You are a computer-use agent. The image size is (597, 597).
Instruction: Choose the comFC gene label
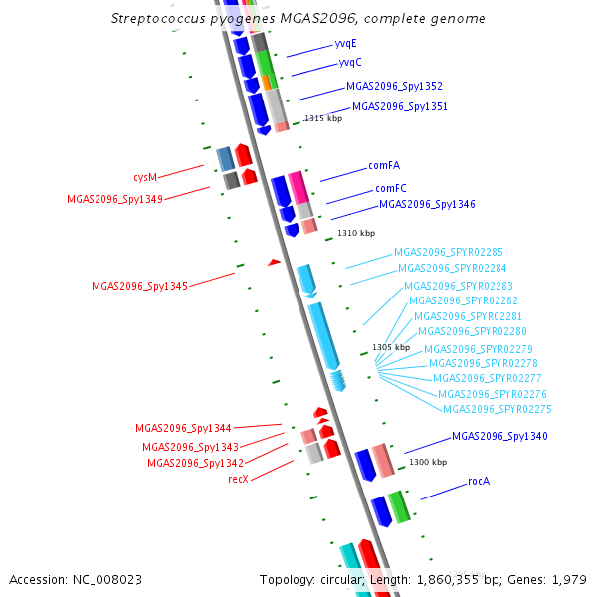tap(390, 188)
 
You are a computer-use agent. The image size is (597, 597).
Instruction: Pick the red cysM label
tap(145, 177)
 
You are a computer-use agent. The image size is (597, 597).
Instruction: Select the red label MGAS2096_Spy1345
tap(139, 286)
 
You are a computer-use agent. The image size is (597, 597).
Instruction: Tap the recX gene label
tap(238, 479)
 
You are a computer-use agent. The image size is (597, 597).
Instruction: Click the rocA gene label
tap(479, 481)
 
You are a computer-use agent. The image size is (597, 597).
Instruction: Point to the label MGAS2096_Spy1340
tap(499, 436)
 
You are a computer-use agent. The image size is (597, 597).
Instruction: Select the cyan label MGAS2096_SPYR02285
tap(448, 253)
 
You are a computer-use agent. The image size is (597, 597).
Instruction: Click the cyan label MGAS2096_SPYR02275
tap(497, 409)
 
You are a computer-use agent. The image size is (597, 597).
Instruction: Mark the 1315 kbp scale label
tap(323, 118)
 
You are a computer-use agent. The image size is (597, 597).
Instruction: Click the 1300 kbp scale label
tap(428, 462)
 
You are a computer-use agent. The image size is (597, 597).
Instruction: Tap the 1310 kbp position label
tap(356, 233)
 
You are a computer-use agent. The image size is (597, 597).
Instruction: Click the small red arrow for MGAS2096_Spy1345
tap(275, 262)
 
